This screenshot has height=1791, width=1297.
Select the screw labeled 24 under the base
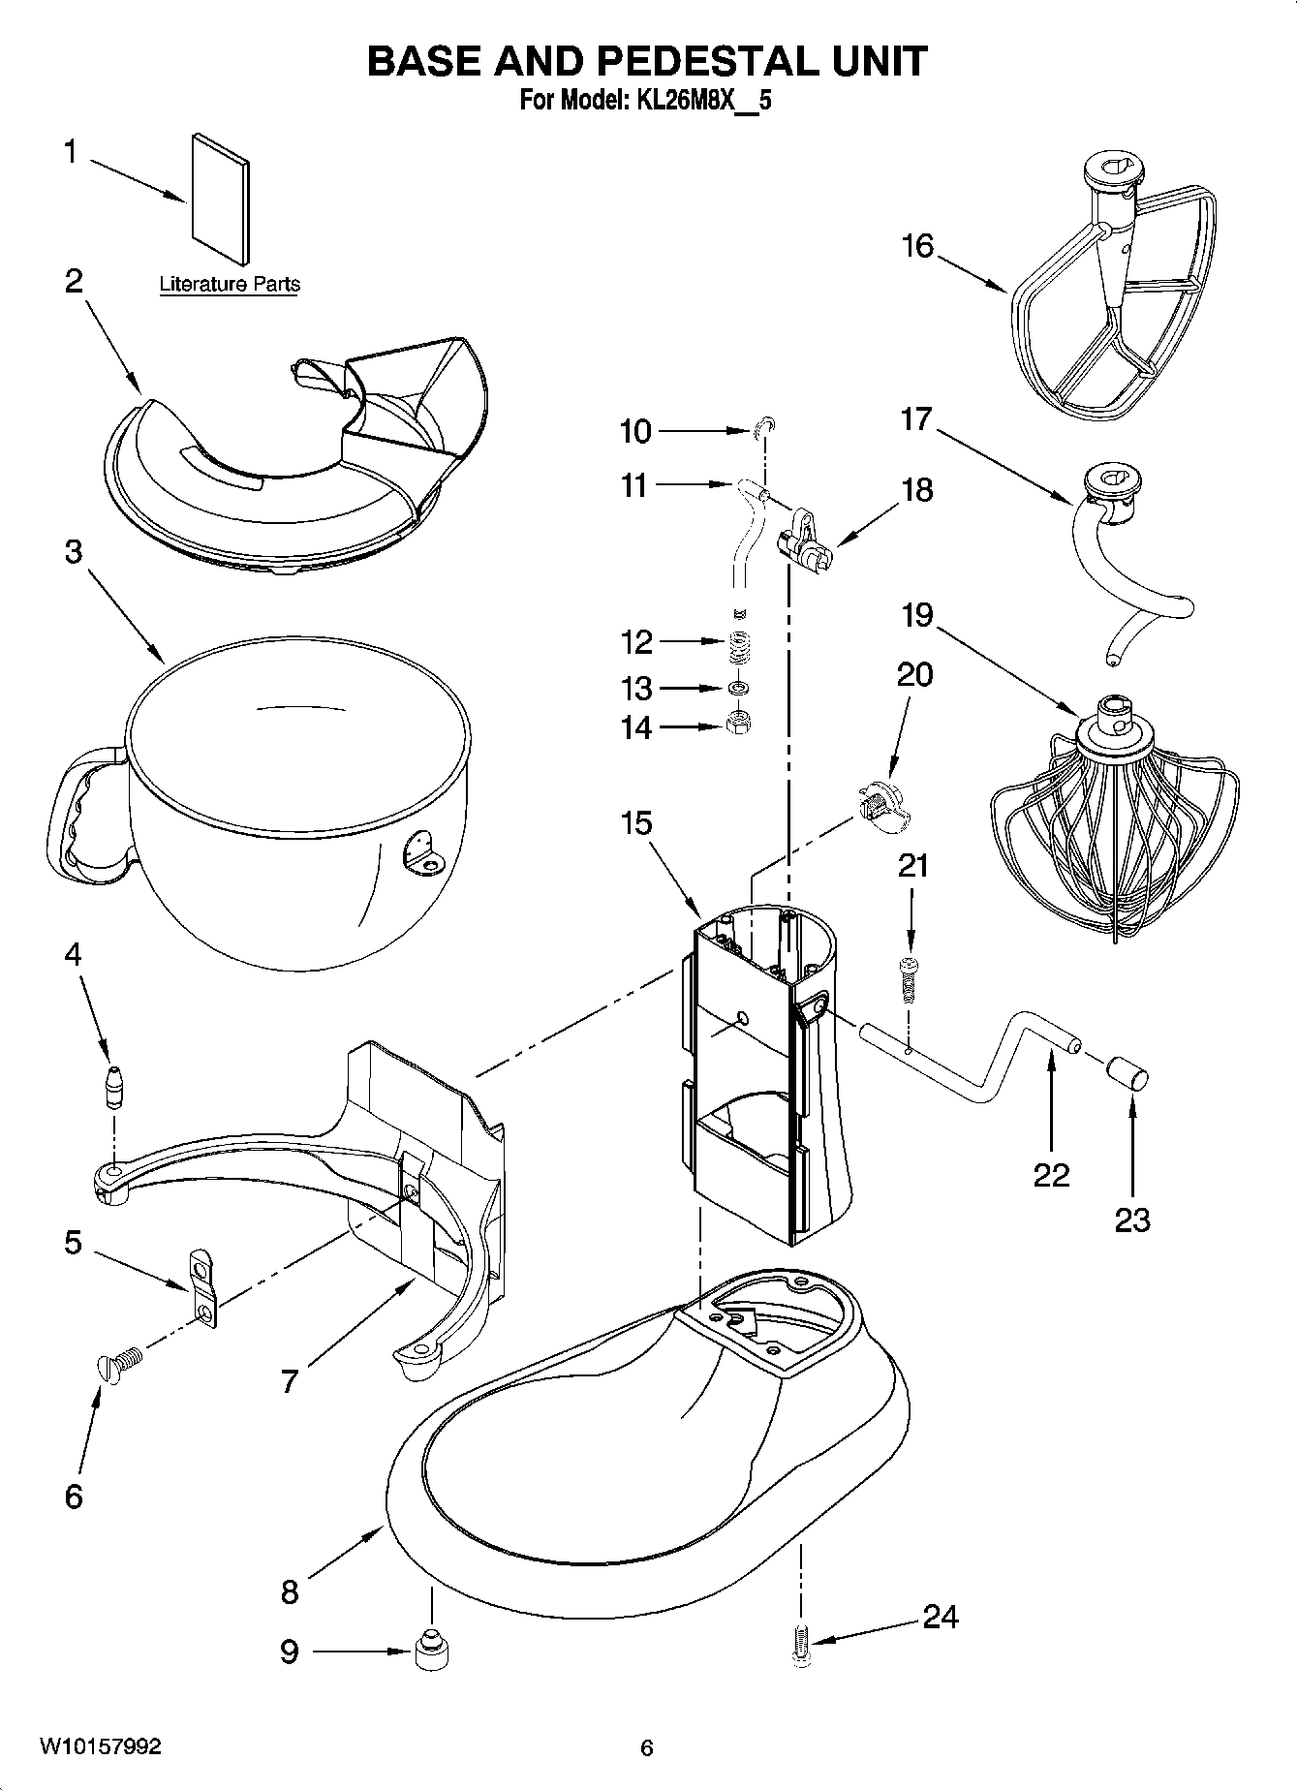point(800,1646)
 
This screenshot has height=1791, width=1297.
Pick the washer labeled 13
point(740,688)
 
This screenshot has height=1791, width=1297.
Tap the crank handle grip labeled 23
point(1127,1072)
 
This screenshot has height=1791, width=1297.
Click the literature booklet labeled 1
point(221,199)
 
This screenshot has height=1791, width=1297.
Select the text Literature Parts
point(230,284)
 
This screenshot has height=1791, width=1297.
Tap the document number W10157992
point(100,1746)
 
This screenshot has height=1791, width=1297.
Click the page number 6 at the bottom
point(647,1747)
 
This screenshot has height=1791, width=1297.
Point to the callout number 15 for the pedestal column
point(636,823)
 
